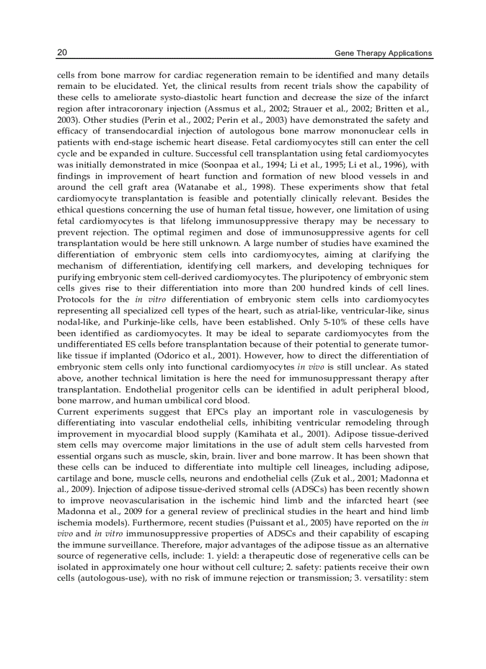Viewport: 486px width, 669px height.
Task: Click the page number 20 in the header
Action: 62,52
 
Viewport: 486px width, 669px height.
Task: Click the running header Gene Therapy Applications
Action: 383,53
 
